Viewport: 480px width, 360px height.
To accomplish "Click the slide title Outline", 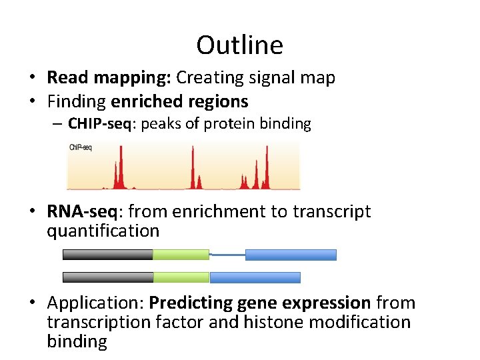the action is click(239, 45).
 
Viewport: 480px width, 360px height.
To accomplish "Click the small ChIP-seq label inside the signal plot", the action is click(81, 147).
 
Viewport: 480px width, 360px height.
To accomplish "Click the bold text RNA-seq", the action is click(83, 212).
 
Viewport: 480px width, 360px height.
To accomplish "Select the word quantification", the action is click(103, 231).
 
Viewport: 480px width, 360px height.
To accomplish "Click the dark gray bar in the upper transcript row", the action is click(107, 255).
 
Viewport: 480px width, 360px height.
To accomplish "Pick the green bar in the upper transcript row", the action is click(181, 255).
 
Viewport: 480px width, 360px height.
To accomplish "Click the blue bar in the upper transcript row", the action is click(291, 255).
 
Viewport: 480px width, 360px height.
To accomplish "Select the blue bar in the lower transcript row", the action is click(255, 277).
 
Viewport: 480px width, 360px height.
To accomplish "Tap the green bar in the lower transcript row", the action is click(181, 277).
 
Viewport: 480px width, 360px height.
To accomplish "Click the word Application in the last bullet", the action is click(95, 303).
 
